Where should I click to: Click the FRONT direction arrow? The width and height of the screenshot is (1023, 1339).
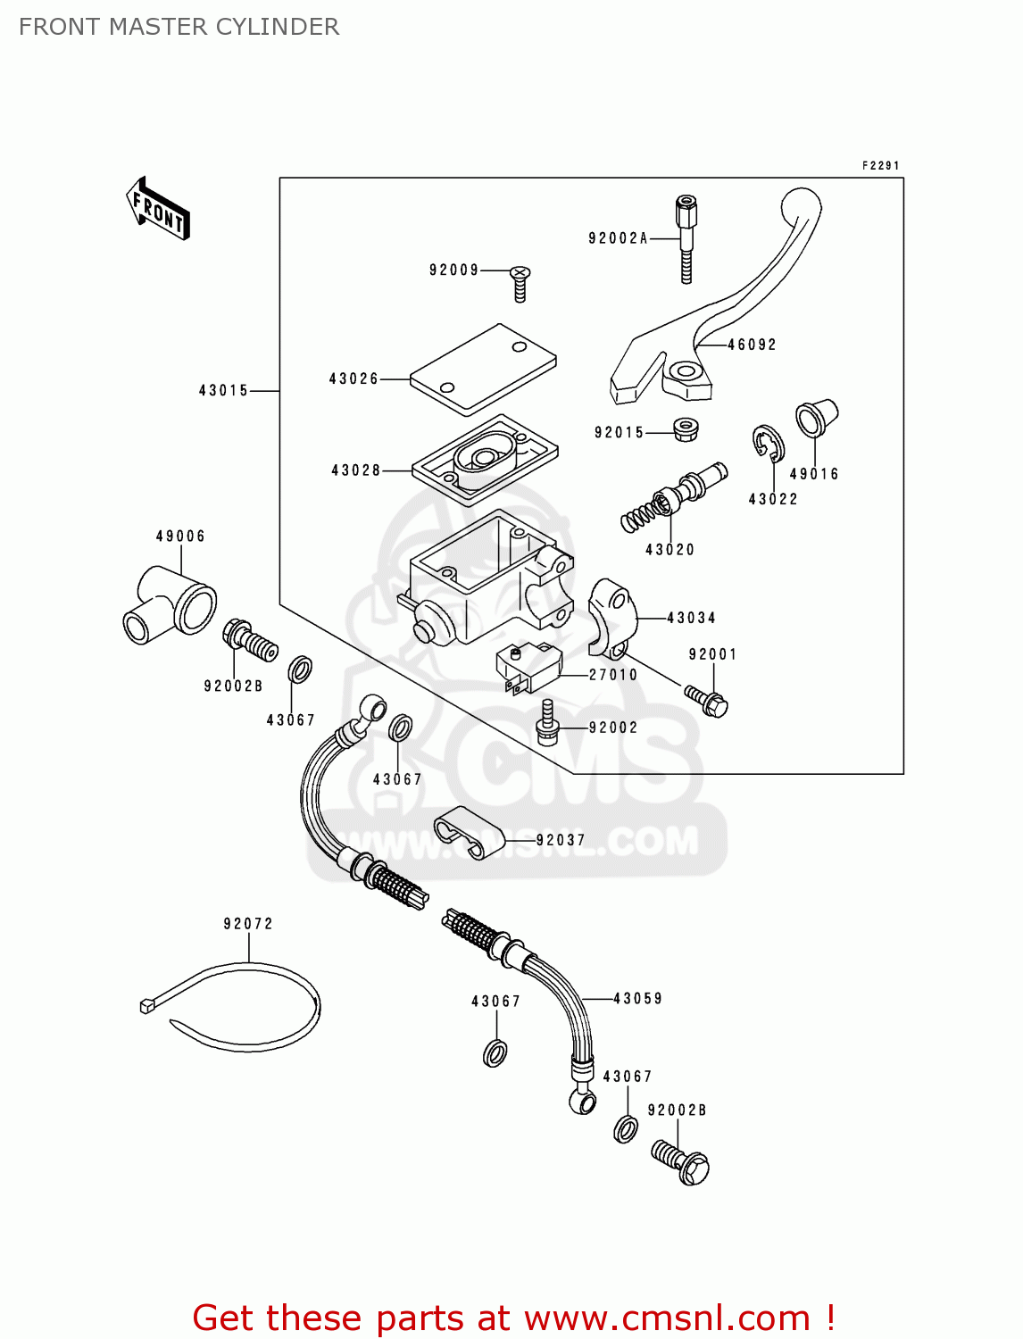159,209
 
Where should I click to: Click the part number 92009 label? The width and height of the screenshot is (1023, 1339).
453,270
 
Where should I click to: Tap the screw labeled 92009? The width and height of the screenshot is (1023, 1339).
520,281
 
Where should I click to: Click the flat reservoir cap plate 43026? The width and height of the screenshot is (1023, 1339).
483,369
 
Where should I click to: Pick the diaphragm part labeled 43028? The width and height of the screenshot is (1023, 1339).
485,459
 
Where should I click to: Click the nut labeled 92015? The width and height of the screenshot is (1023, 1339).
686,429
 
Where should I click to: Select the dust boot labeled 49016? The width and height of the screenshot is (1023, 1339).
816,418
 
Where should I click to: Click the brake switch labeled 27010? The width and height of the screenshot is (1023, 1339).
528,667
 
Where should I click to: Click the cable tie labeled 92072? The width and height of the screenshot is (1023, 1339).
241,1004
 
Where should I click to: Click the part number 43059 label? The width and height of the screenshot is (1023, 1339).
637,999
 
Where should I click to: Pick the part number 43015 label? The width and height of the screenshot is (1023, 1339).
223,391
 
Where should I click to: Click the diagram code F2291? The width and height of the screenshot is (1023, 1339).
880,166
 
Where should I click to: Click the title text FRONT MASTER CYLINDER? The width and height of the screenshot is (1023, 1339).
179,27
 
